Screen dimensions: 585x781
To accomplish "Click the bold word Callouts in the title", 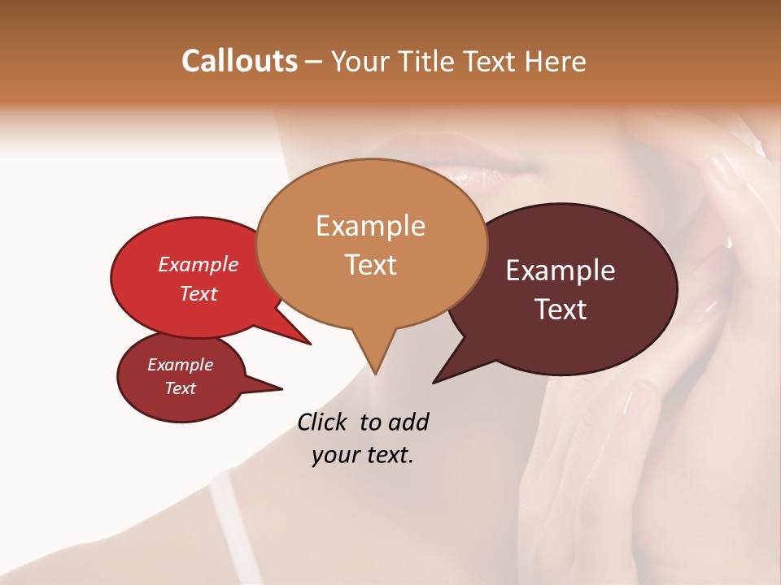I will (x=239, y=61).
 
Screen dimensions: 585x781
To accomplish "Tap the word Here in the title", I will (x=556, y=61).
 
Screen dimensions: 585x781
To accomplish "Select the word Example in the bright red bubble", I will (x=198, y=264).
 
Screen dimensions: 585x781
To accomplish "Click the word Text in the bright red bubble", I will (x=198, y=293).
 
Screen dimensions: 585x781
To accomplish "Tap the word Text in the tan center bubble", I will (x=370, y=264).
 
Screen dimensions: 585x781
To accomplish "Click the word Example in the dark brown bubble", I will (x=561, y=270).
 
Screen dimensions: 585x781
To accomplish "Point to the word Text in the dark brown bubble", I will (x=561, y=309).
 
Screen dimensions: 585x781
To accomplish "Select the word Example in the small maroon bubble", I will (x=180, y=365).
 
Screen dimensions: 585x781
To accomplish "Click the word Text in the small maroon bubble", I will (x=180, y=388).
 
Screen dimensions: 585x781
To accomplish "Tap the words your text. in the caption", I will (x=363, y=454).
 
